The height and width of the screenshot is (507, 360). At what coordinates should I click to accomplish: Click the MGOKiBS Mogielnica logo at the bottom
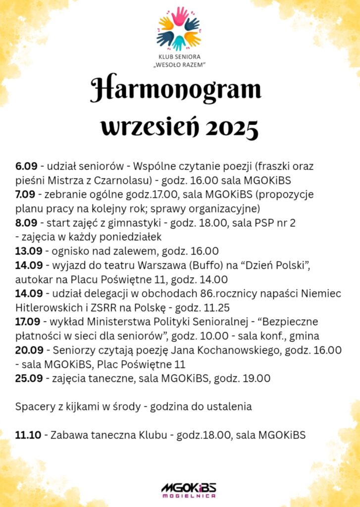(188, 489)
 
